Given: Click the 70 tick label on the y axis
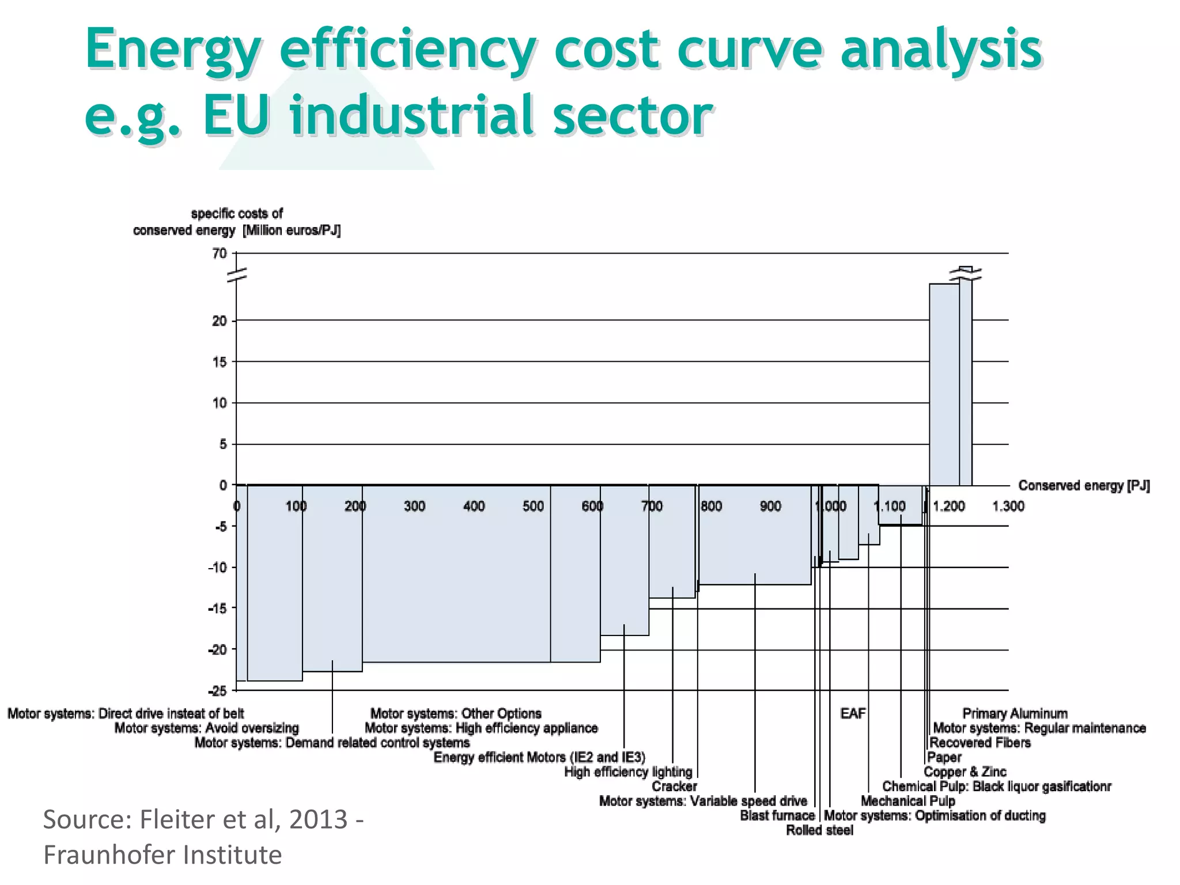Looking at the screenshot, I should click(x=220, y=254).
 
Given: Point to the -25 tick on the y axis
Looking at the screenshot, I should click(x=217, y=690).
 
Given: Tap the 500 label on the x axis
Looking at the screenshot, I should click(x=533, y=506).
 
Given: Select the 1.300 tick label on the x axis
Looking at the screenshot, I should click(x=1008, y=506).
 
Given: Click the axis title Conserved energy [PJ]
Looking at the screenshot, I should click(x=1084, y=486).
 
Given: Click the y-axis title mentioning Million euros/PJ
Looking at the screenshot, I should click(x=237, y=222).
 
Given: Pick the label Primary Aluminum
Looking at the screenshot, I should click(x=1015, y=714).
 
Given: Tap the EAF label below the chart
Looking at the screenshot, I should click(x=853, y=714).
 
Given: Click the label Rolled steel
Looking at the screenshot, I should click(x=819, y=830).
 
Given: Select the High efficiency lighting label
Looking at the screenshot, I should click(x=628, y=772).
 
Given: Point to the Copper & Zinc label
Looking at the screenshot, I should click(x=965, y=772).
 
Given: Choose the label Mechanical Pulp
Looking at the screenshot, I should click(x=908, y=801).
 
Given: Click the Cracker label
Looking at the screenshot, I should click(x=674, y=786).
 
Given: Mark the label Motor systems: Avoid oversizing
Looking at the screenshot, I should click(x=206, y=728).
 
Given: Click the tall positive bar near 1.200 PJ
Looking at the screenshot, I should click(x=944, y=384).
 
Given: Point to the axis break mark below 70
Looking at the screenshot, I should click(x=237, y=275).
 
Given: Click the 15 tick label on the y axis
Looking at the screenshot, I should click(x=220, y=362).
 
